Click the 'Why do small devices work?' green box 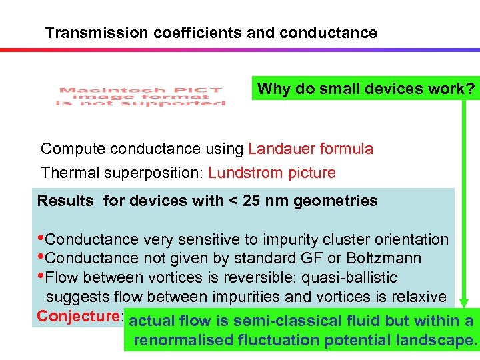point(365,89)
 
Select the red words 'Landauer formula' point(310,149)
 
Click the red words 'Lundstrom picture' point(271,173)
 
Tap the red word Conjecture point(79,315)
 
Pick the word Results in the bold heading point(65,201)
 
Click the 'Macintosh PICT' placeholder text point(141,90)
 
